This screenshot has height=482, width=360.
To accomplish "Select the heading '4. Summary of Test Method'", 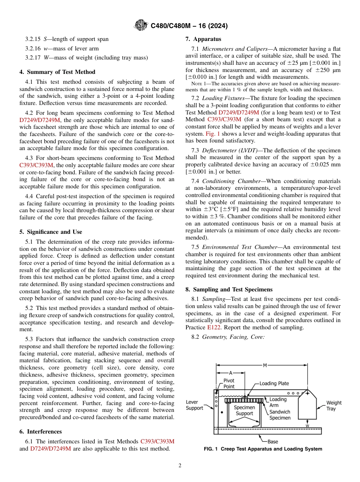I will tap(57, 72).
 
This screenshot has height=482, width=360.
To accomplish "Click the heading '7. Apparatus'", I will tap(203, 39).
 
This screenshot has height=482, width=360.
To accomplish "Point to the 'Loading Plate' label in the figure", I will tap(274, 383).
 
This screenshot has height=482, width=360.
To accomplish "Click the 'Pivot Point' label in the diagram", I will tap(229, 383).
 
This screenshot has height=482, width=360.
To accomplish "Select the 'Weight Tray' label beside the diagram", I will tap(333, 405).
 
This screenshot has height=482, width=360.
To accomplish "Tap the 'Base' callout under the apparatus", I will tap(272, 441).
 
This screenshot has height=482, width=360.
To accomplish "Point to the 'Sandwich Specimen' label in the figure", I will tap(280, 415).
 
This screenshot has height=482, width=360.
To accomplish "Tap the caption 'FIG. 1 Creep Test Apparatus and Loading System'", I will tap(263, 449).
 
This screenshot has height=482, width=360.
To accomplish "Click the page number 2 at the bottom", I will tap(180, 466).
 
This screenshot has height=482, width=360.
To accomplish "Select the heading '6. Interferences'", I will tap(41, 431).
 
